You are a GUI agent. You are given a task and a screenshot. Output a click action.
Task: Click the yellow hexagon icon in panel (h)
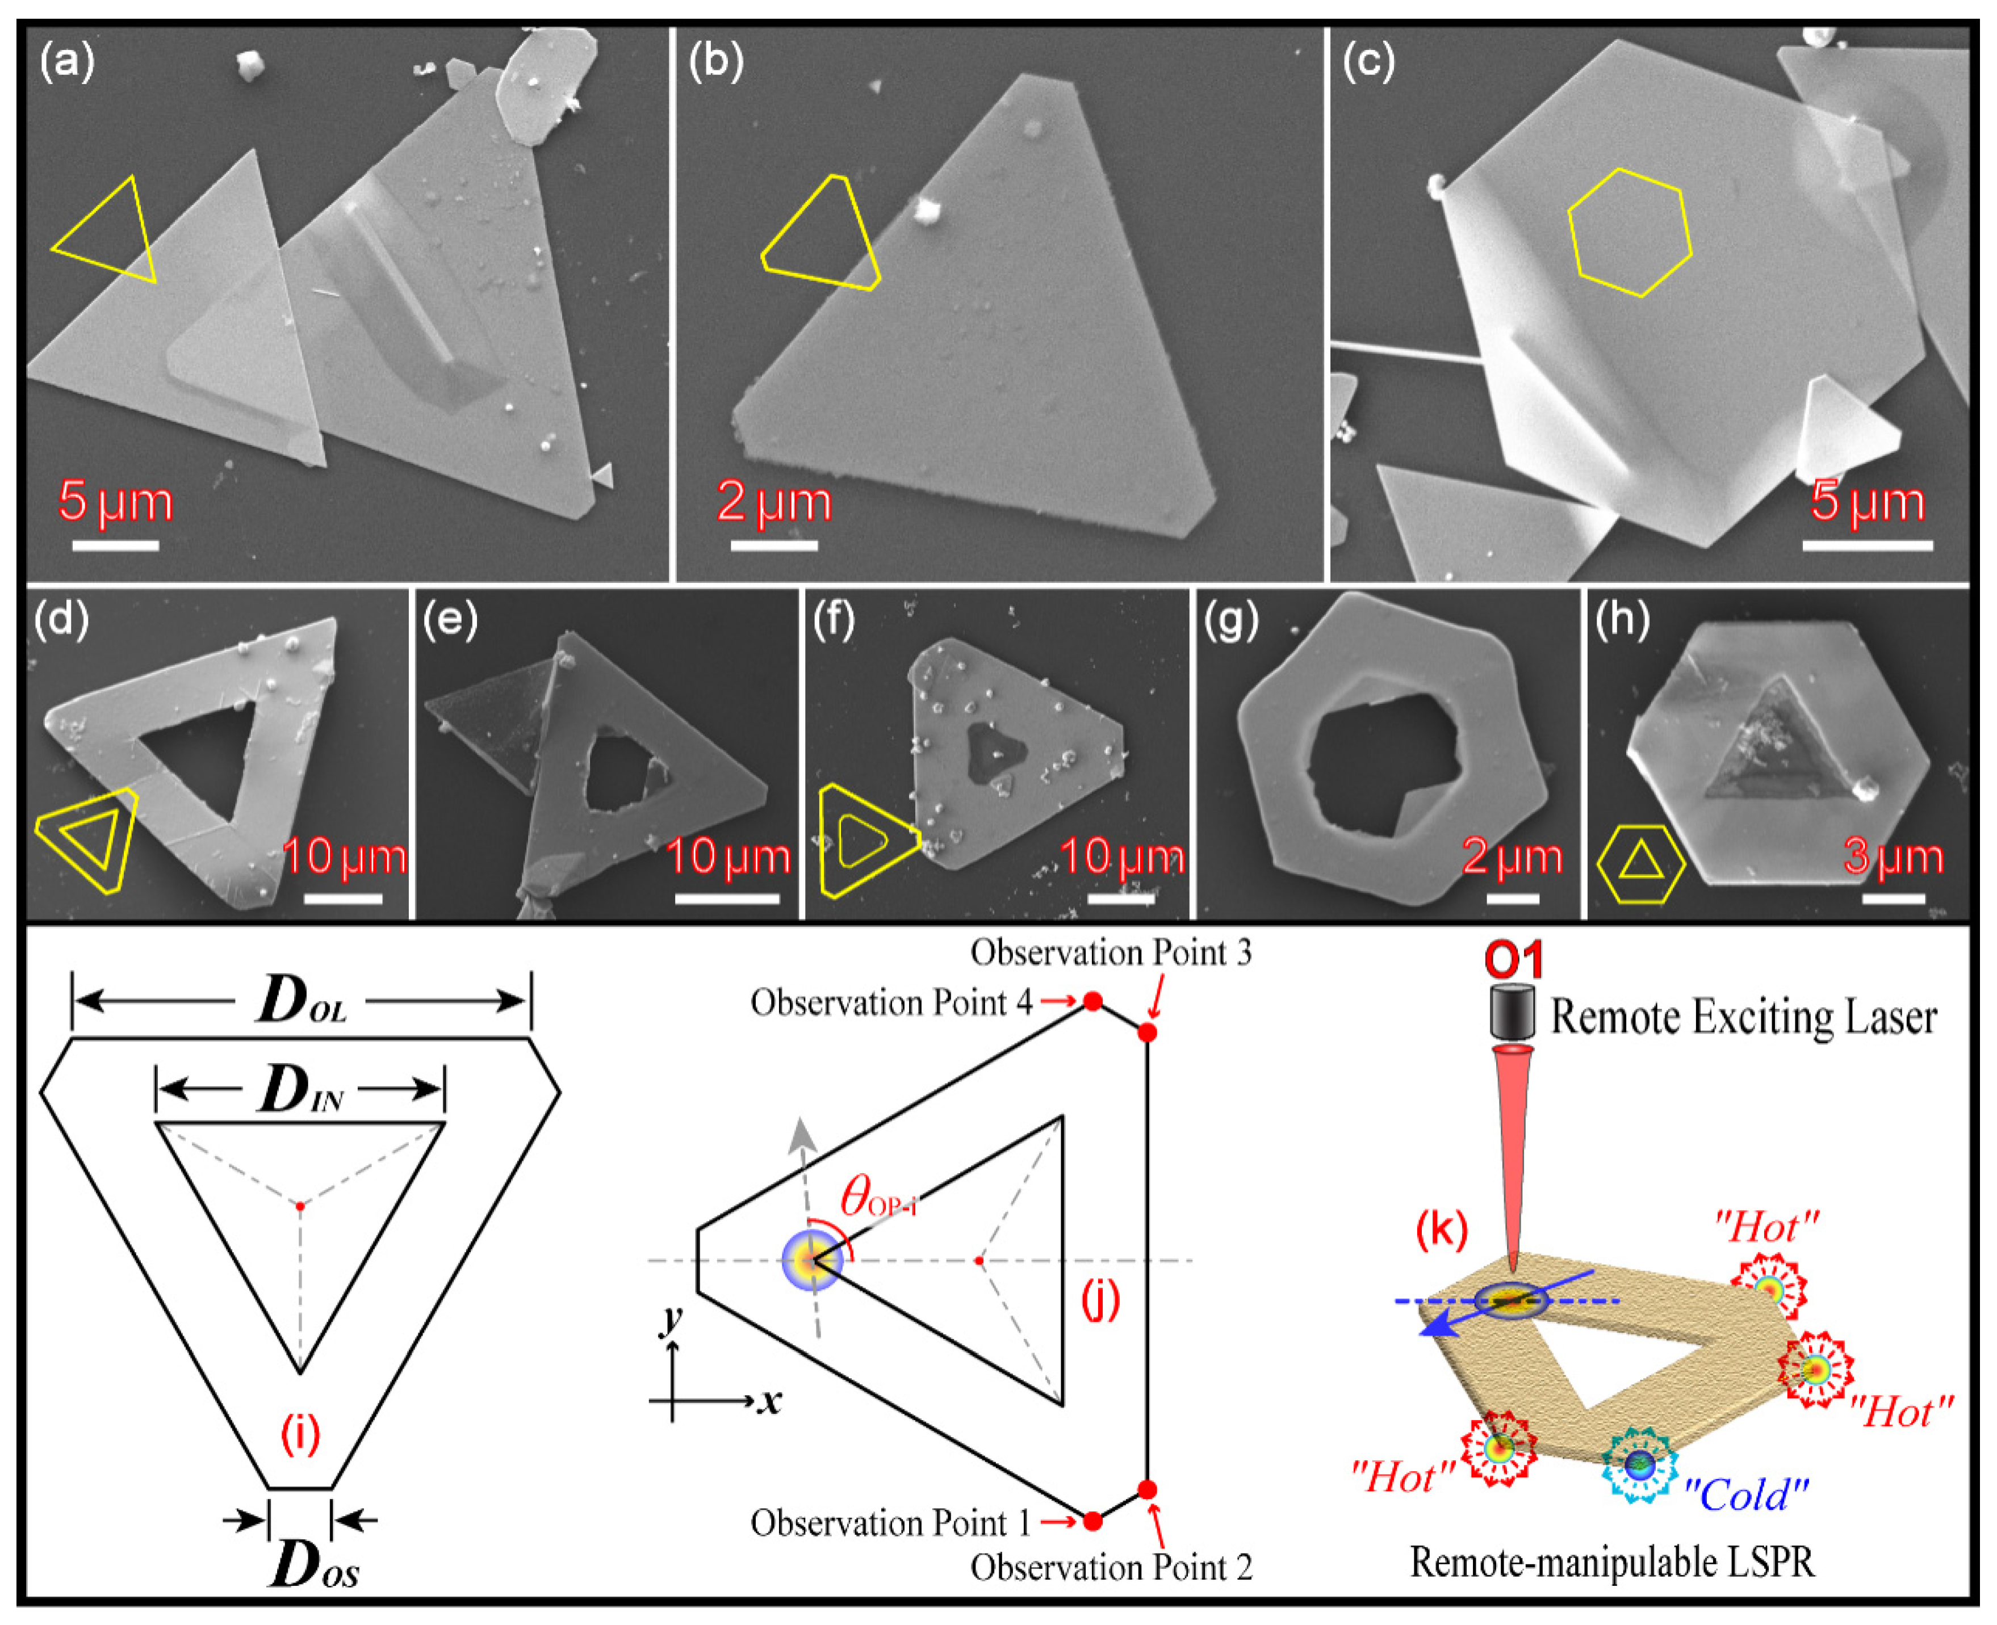point(1641,863)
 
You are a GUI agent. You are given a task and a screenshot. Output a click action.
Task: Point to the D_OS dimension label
point(313,1564)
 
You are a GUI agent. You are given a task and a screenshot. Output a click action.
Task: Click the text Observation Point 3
point(1111,953)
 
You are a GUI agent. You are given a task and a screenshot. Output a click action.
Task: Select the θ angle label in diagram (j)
point(876,1199)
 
